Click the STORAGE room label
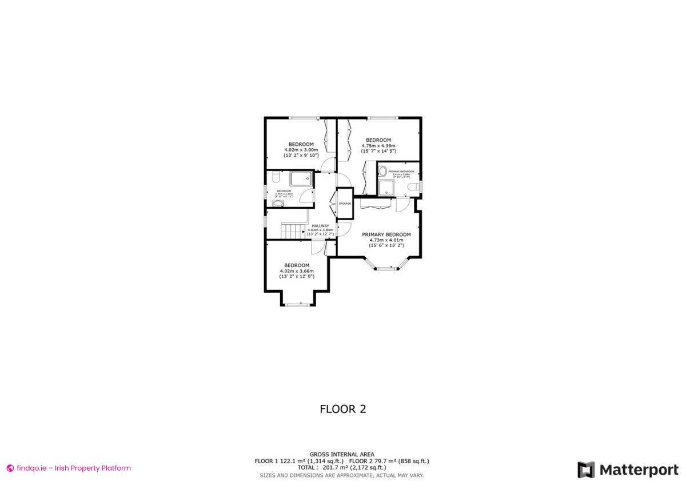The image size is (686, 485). click(x=345, y=204)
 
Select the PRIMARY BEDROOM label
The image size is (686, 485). click(x=386, y=234)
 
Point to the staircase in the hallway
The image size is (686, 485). click(x=292, y=232)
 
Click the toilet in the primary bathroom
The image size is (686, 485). click(x=416, y=186)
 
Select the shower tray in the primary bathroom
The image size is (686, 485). click(x=385, y=188)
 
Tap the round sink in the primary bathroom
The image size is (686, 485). click(x=383, y=170)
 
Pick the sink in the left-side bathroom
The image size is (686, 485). click(x=278, y=203)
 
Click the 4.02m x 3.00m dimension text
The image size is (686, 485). click(x=301, y=150)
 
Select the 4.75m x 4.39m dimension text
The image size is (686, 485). click(x=378, y=146)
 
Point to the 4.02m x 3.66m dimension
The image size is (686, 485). click(x=297, y=271)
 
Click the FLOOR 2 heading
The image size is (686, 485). click(x=342, y=409)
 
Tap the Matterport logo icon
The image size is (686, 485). click(x=585, y=470)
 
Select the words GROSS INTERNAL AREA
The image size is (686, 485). click(x=342, y=454)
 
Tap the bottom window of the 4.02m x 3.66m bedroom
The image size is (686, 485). click(x=297, y=305)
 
